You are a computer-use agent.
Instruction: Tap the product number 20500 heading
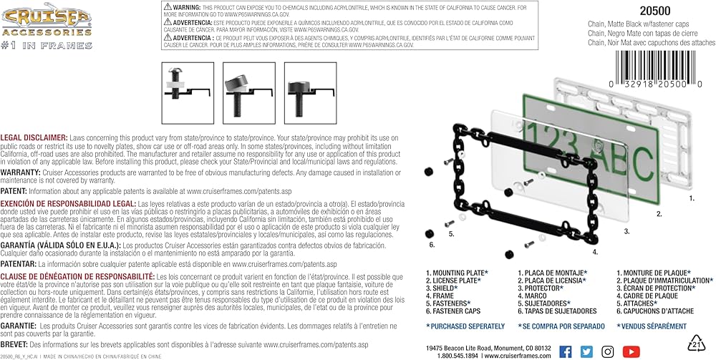pos(625,9)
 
